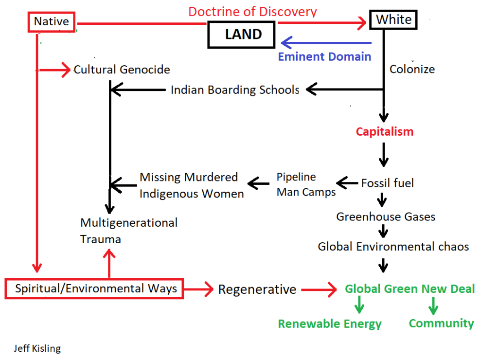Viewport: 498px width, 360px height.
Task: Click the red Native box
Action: (x=51, y=21)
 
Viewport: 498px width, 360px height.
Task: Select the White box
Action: (x=393, y=20)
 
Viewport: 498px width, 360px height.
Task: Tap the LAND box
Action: (x=243, y=35)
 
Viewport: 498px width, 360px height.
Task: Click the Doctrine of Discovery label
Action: (x=252, y=11)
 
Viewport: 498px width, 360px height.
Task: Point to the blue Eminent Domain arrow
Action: (x=326, y=43)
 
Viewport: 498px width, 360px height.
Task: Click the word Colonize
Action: (x=412, y=69)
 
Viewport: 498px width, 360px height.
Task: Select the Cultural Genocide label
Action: (x=122, y=70)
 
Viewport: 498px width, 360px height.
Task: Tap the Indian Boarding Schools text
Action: (x=235, y=90)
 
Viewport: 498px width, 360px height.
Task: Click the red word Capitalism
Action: (x=384, y=131)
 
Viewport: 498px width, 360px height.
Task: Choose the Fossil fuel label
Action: (x=388, y=183)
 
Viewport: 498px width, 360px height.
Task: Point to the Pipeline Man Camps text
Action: (x=306, y=184)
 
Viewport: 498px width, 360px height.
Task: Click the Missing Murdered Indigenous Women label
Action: (x=192, y=185)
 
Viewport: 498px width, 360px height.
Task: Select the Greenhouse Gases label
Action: (x=386, y=216)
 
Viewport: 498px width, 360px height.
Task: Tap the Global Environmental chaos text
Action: (x=393, y=247)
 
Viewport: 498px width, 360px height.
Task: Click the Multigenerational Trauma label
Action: (x=128, y=231)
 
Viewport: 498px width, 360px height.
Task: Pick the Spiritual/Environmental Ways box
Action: (x=96, y=288)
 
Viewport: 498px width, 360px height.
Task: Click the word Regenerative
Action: (x=257, y=289)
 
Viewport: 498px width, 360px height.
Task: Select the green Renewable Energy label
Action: (x=330, y=324)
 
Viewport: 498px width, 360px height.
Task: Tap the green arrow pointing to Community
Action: (x=432, y=306)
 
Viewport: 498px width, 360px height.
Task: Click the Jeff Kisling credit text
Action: (x=37, y=348)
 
